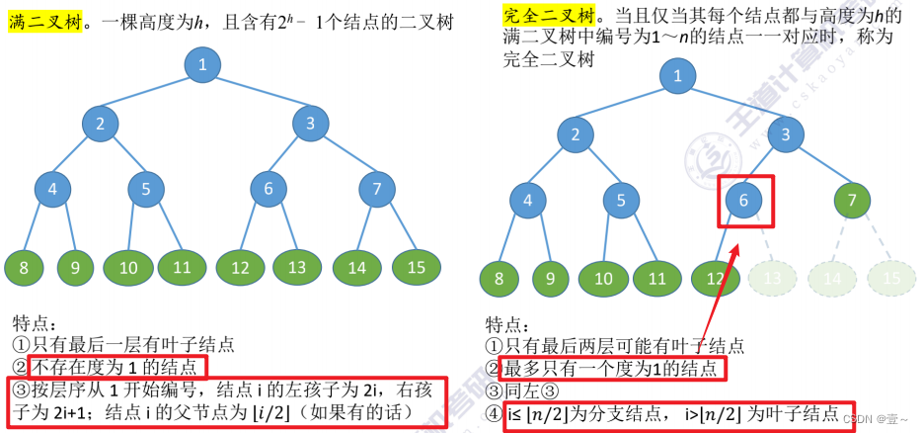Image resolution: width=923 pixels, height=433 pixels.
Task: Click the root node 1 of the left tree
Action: point(201,65)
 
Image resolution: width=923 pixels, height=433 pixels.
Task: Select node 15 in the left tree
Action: point(416,267)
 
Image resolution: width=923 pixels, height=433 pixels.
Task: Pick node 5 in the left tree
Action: point(145,188)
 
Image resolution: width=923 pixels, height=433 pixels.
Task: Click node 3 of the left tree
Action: point(310,124)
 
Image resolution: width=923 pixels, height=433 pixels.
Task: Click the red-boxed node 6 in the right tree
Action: point(745,201)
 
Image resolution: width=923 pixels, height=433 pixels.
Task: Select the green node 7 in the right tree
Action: point(853,201)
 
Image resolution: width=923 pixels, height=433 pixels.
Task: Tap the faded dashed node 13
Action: point(773,279)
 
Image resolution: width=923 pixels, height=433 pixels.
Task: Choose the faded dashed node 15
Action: point(891,279)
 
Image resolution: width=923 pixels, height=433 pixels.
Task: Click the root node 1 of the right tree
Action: point(676,76)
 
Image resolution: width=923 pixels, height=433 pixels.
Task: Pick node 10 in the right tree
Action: point(603,279)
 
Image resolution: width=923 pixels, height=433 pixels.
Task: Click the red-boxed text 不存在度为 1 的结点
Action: point(118,368)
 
